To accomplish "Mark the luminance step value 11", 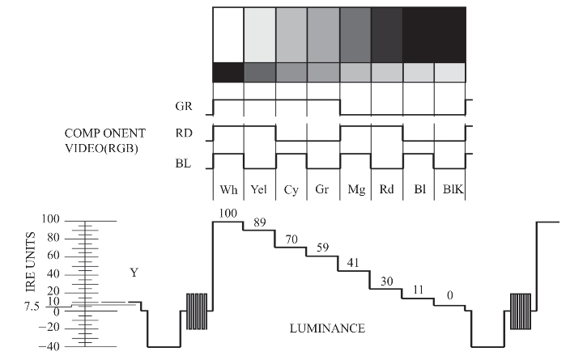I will (417, 290).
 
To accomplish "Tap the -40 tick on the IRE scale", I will (50, 346).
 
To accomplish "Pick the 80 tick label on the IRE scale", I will (53, 239).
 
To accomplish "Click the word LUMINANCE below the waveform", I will (327, 329).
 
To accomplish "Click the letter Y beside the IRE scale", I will (134, 273).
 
